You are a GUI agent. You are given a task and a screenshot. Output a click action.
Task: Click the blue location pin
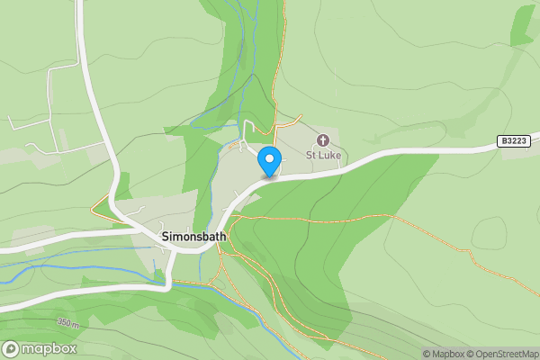coord(268,160)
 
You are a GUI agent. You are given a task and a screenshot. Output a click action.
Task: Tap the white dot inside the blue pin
coord(268,158)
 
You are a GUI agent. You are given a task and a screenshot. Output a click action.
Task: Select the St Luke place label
coord(322,155)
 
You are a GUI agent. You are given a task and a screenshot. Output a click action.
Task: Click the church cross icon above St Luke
coord(322,140)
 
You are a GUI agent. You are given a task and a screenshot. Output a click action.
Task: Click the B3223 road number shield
coord(513,141)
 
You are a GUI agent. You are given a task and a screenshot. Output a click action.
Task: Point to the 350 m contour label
coord(69,322)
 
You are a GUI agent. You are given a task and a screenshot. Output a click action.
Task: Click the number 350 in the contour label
coord(65,322)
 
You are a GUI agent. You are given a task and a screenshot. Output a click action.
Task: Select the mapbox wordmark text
coord(49,348)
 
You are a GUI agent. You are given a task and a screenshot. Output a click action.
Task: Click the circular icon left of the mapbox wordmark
coord(11,348)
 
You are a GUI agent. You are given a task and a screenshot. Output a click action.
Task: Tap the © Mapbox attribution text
coord(444,354)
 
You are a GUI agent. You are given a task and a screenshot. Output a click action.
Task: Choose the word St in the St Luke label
coord(310,155)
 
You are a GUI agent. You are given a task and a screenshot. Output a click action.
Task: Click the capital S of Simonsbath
coord(165,236)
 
